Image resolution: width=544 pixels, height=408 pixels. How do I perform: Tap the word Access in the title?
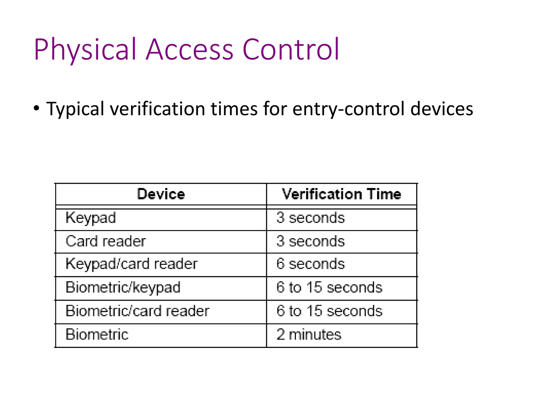click(x=189, y=50)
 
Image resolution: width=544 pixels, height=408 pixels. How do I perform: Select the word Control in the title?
click(x=291, y=50)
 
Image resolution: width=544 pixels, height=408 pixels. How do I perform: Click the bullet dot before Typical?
click(x=37, y=108)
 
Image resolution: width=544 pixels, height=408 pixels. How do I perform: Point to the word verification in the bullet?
click(x=159, y=109)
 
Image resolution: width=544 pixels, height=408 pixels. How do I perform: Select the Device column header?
click(x=161, y=194)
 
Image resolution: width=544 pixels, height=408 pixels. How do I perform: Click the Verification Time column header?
click(x=341, y=194)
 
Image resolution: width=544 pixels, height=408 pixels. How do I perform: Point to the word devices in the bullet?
click(x=441, y=109)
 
